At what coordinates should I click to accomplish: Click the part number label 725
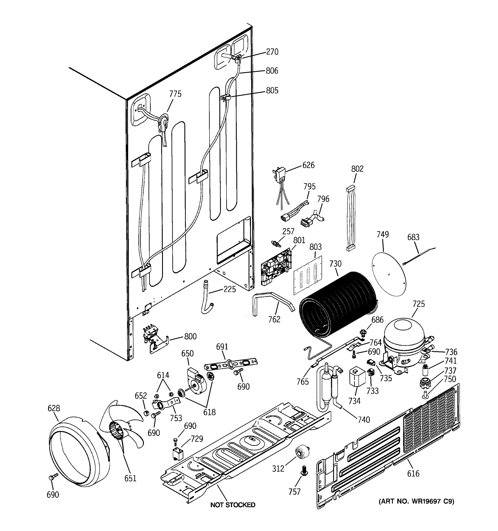coord(418,304)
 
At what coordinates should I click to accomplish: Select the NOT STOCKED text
coord(232,505)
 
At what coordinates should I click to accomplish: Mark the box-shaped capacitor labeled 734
coord(357,377)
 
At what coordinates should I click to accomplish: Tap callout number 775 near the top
coord(175,94)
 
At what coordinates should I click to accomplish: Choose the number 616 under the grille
coord(413,473)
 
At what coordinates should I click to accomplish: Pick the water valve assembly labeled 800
coord(154,341)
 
